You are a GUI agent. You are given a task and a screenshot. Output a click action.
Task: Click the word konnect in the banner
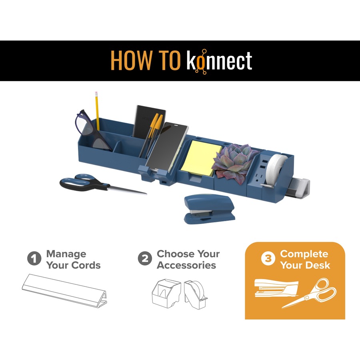coord(219,61)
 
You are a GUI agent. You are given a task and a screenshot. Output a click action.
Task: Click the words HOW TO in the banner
coord(145,60)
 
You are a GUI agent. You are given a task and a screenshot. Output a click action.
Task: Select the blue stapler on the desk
coord(209,209)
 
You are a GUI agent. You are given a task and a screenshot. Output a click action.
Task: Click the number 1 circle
coord(34,258)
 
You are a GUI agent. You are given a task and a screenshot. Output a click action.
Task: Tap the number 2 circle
coord(145,258)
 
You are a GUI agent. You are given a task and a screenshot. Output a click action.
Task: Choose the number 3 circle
coord(268,258)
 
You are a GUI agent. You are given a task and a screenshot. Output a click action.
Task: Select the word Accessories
coord(186,266)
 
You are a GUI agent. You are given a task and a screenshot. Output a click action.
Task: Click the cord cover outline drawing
coord(65,290)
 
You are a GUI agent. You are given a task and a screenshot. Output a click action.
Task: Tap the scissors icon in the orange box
coord(309,293)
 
